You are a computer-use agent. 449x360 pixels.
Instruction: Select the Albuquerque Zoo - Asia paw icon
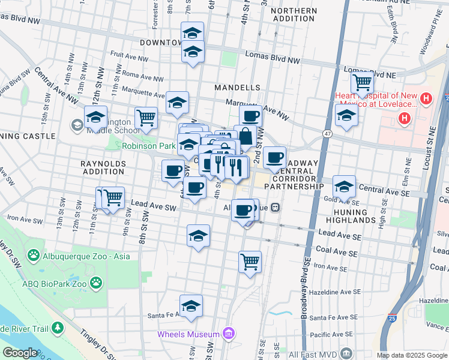point(34,257)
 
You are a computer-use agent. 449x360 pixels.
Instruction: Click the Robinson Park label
point(148,146)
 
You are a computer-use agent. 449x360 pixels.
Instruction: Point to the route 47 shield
point(327,133)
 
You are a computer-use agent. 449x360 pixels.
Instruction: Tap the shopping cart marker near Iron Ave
point(250,262)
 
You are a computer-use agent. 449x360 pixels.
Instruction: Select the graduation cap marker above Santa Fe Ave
point(191,306)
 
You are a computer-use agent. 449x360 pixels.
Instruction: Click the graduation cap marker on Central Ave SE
point(344,187)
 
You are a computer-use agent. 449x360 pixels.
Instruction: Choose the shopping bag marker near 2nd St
point(245,136)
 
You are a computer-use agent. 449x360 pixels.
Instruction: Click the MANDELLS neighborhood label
point(238,88)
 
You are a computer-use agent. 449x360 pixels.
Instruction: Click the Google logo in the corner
point(20,353)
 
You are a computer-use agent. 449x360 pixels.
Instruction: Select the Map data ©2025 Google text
point(411,355)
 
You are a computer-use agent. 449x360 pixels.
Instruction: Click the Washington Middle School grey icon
point(77,125)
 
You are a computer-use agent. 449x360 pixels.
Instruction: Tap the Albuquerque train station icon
point(275,208)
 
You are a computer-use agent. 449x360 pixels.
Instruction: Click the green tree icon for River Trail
point(58,328)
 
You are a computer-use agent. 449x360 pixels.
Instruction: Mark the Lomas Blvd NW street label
point(272,58)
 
